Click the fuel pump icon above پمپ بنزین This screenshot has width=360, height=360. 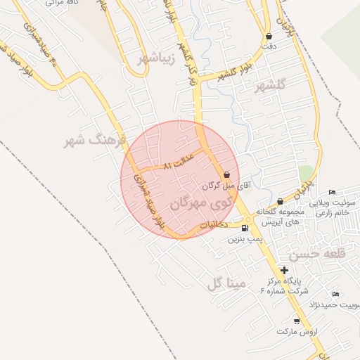(x=245, y=228)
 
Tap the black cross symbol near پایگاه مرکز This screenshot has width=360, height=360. (x=284, y=270)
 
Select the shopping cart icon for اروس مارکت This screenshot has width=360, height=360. (x=297, y=321)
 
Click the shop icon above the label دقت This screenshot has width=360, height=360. (x=269, y=36)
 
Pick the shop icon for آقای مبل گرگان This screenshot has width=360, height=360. (x=226, y=175)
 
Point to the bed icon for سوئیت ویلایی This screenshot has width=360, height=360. (x=333, y=193)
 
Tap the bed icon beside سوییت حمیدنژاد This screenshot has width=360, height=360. (x=335, y=294)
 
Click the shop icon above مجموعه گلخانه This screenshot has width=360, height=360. (x=280, y=202)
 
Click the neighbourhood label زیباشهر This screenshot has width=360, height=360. (x=155, y=58)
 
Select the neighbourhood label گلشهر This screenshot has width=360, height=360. (x=271, y=86)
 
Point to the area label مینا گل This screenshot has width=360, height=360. (x=226, y=283)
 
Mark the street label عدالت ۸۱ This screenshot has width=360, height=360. (x=178, y=165)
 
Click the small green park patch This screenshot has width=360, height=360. (x=306, y=173)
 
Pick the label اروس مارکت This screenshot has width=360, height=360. (x=292, y=330)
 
